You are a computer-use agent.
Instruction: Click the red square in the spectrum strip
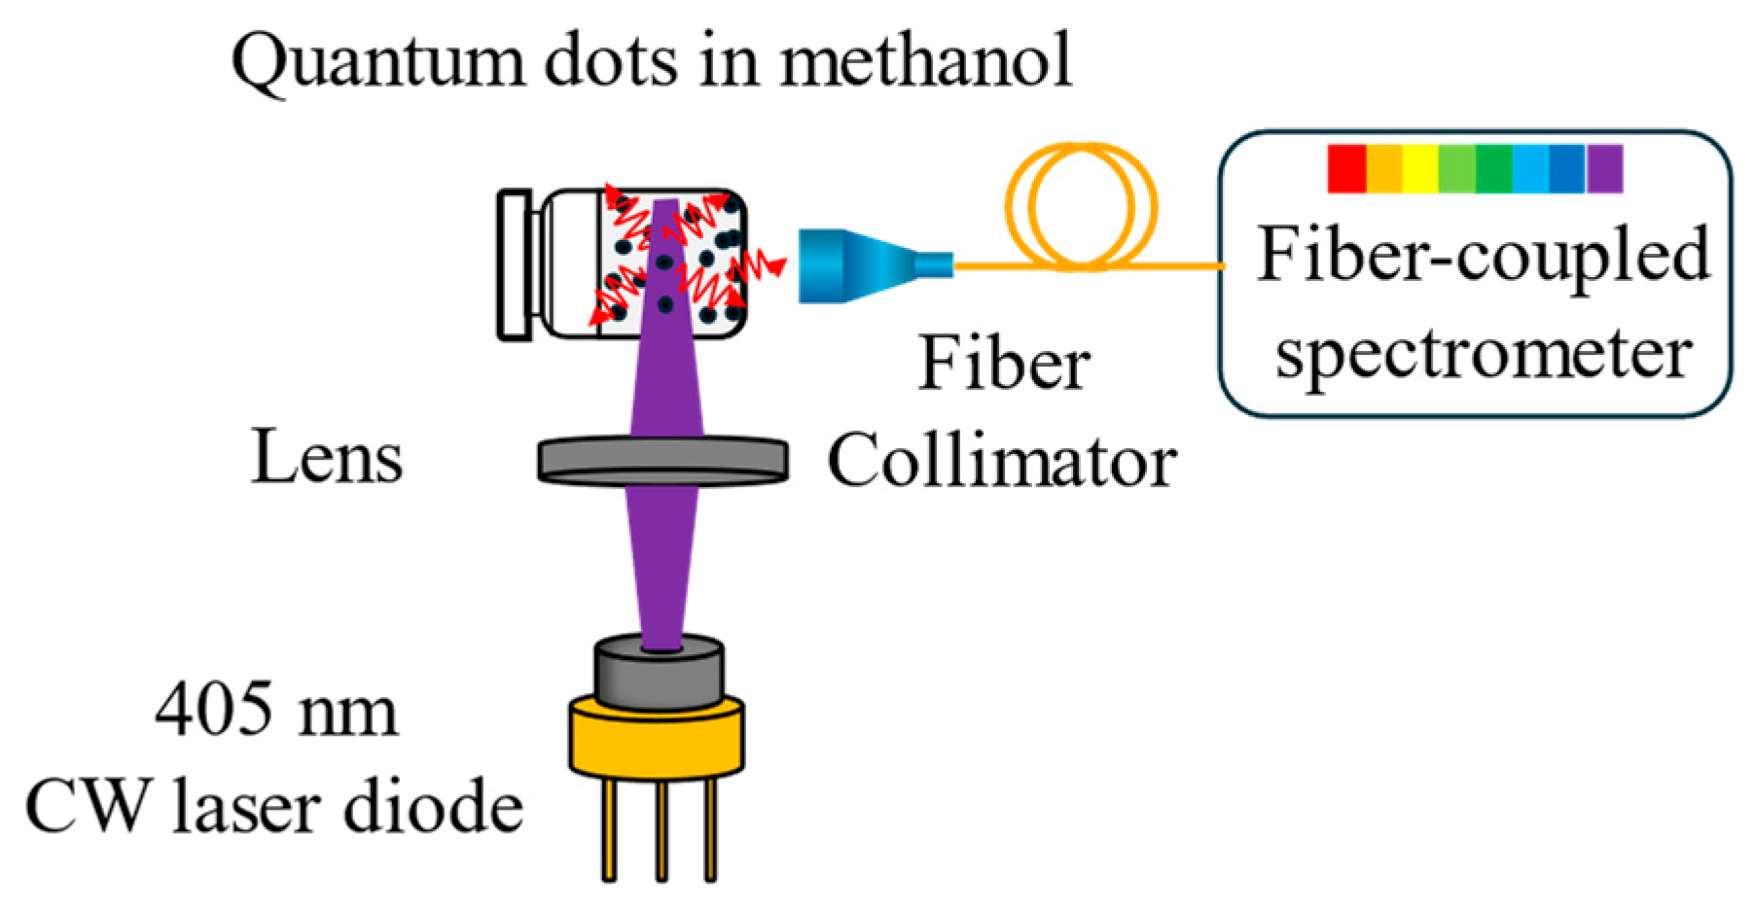pos(1346,168)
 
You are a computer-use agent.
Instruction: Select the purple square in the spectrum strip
pos(1604,168)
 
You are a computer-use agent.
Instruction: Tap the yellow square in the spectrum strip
pos(1419,168)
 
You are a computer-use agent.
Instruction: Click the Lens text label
pos(327,458)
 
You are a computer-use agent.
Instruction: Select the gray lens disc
pos(662,460)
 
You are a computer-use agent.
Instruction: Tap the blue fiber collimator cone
pos(856,264)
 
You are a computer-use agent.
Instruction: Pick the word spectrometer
pos(1484,355)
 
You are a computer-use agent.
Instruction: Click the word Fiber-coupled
pos(1483,256)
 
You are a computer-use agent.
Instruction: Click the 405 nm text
pos(276,710)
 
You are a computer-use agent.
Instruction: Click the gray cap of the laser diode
pos(659,674)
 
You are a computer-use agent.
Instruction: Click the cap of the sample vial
pos(515,265)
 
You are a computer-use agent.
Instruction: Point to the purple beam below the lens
pos(662,564)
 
